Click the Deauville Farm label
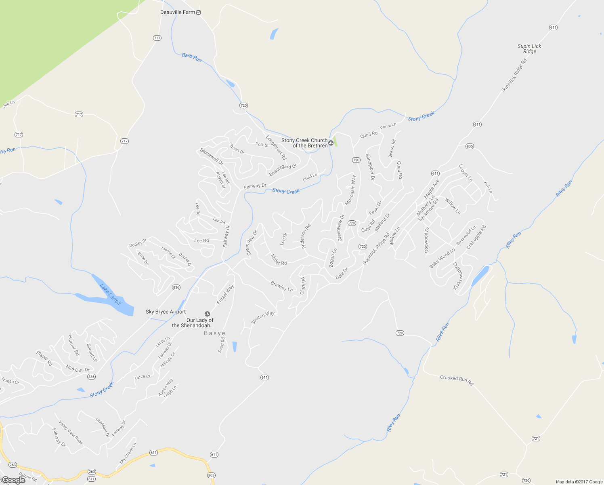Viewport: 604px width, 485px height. [x=177, y=13]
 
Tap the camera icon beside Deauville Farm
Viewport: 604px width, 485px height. [x=198, y=13]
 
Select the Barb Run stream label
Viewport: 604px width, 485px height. [x=191, y=57]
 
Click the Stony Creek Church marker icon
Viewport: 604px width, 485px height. [x=331, y=143]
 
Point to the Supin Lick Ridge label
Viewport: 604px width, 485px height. [x=529, y=49]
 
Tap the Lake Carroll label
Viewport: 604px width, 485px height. [x=110, y=294]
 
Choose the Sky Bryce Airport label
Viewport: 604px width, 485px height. [x=166, y=312]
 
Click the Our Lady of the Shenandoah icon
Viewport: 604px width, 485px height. [x=208, y=314]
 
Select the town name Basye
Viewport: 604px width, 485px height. [x=214, y=333]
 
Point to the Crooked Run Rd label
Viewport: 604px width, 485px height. [x=456, y=380]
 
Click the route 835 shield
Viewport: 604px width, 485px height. [x=470, y=146]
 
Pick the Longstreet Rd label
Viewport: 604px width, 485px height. [x=276, y=148]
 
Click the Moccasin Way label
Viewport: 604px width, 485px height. [x=350, y=190]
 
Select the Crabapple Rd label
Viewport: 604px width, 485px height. [x=476, y=237]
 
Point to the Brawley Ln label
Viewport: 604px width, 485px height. [x=281, y=287]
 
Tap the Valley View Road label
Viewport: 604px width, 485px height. [x=71, y=432]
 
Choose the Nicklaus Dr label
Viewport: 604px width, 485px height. [x=78, y=369]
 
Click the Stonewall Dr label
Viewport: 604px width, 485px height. [x=212, y=157]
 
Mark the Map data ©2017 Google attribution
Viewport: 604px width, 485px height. [x=579, y=482]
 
